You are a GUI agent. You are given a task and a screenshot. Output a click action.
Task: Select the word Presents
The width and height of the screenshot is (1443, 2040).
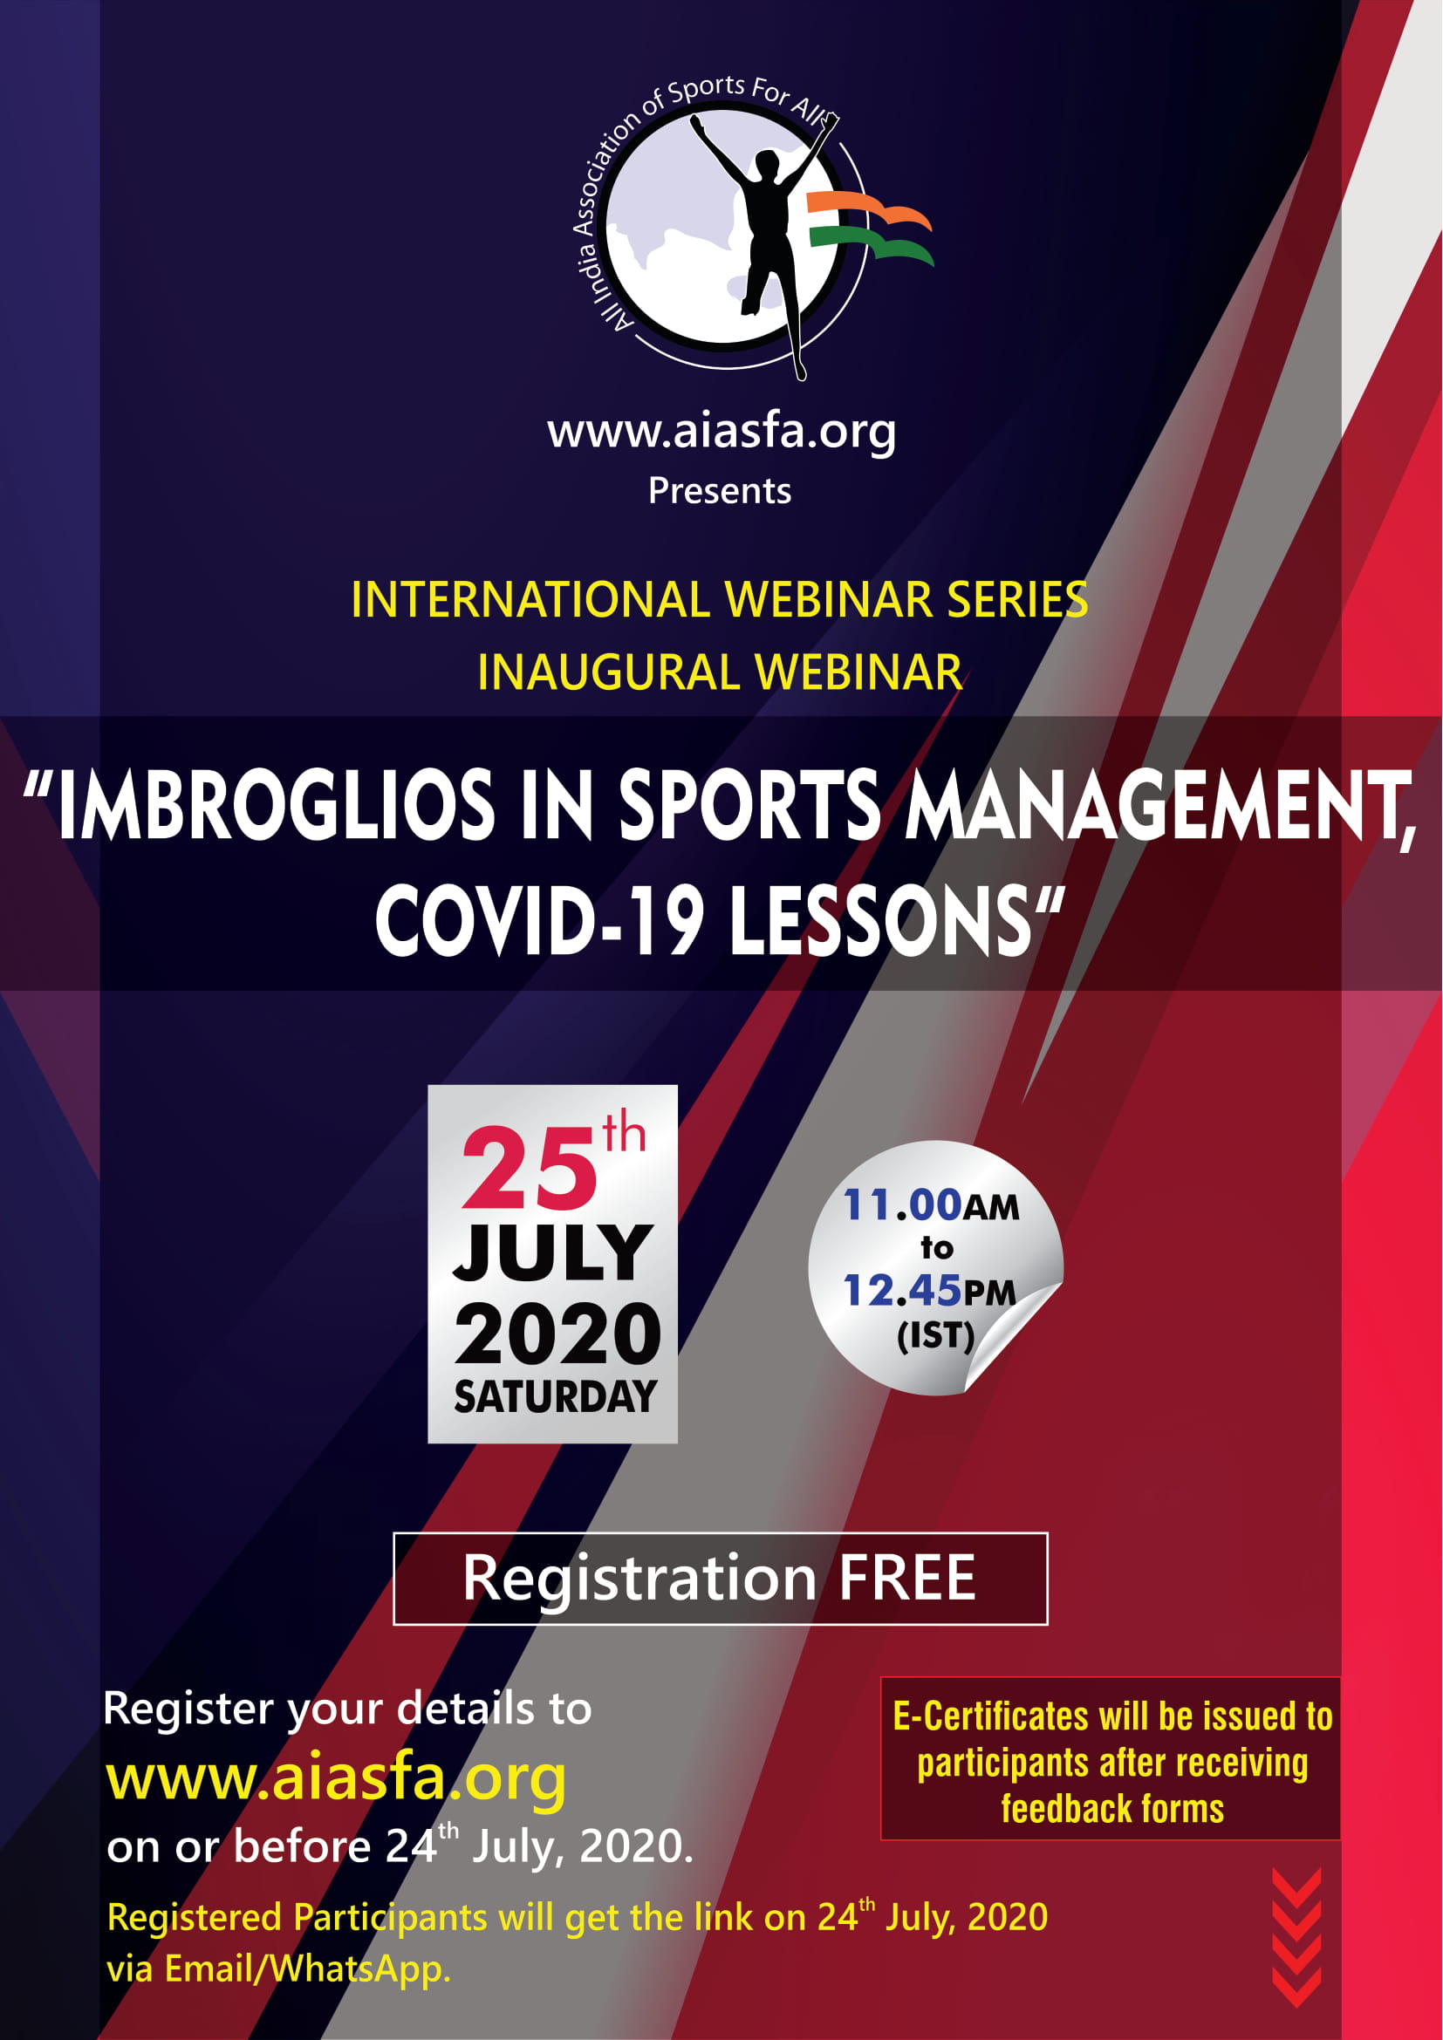720,490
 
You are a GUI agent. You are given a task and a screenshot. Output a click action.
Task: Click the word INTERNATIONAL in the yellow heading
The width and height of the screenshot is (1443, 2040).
530,600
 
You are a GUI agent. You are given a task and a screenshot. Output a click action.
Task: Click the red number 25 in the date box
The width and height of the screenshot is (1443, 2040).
530,1168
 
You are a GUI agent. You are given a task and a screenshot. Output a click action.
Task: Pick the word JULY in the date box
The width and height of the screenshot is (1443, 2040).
552,1252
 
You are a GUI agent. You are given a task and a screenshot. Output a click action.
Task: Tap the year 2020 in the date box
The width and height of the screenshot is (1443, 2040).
557,1334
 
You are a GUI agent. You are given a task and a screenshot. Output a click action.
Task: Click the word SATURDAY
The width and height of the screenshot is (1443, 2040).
556,1396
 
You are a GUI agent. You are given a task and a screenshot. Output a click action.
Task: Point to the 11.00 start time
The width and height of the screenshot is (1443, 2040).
902,1204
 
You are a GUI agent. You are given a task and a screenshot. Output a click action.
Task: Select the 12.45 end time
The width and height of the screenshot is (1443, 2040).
902,1290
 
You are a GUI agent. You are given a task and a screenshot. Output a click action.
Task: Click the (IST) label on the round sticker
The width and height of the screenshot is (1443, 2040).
935,1335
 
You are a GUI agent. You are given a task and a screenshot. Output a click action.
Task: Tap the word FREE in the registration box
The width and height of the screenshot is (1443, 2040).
907,1579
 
